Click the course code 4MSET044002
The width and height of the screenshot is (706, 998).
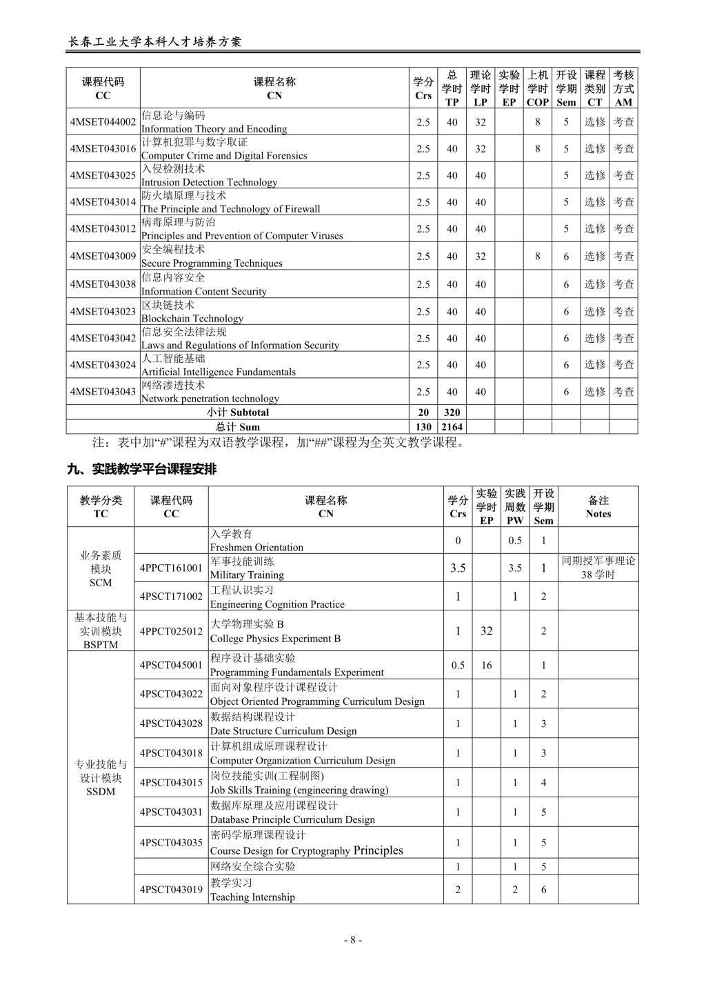point(103,122)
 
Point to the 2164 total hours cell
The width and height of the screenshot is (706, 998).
point(452,427)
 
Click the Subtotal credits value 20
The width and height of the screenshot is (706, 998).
point(423,412)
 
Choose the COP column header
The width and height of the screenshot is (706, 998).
point(538,88)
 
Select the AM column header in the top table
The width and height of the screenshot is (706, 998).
point(623,88)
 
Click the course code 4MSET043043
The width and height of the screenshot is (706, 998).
point(103,392)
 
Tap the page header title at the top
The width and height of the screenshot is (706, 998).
point(155,41)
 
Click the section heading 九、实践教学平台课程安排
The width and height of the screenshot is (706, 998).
point(141,470)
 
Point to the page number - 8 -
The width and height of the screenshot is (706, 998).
point(352,939)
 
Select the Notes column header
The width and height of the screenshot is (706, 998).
point(598,507)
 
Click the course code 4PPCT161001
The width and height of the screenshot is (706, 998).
point(171,568)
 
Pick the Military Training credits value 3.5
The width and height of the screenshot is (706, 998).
point(458,568)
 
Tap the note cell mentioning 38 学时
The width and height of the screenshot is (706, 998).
point(598,568)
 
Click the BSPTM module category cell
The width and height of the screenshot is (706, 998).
point(101,631)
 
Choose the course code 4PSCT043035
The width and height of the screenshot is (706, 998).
point(171,843)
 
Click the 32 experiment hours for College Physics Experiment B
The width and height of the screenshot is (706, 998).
point(487,631)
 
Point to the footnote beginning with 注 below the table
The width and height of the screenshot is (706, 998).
point(278,443)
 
